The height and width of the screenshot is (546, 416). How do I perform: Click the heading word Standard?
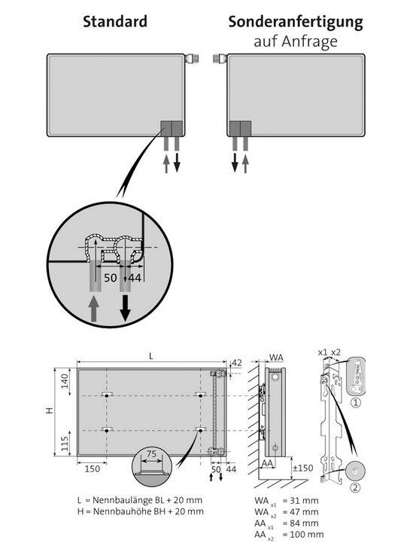click(114, 22)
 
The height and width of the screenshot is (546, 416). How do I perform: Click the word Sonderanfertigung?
click(296, 22)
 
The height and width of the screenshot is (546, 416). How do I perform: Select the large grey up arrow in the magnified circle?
click(93, 308)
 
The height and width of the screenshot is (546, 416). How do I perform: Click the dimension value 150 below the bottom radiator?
click(93, 469)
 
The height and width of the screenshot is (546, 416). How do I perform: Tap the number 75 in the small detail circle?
click(153, 454)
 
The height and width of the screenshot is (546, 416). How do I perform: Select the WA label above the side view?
click(276, 357)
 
